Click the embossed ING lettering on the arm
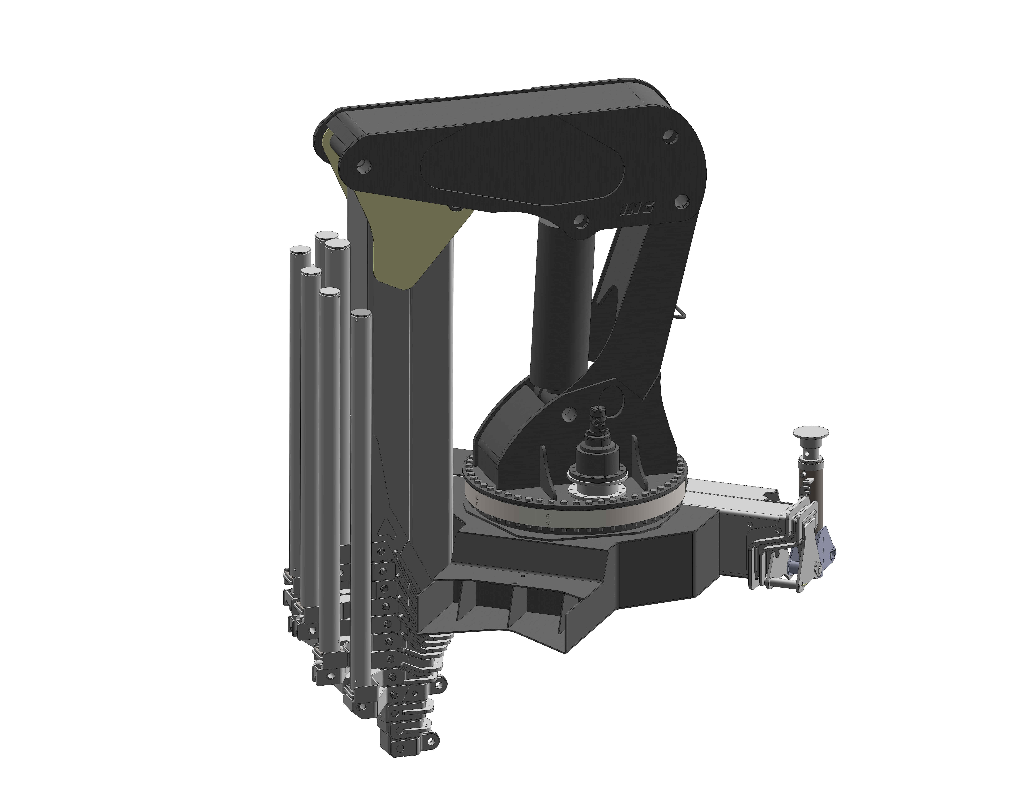pos(637,207)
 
